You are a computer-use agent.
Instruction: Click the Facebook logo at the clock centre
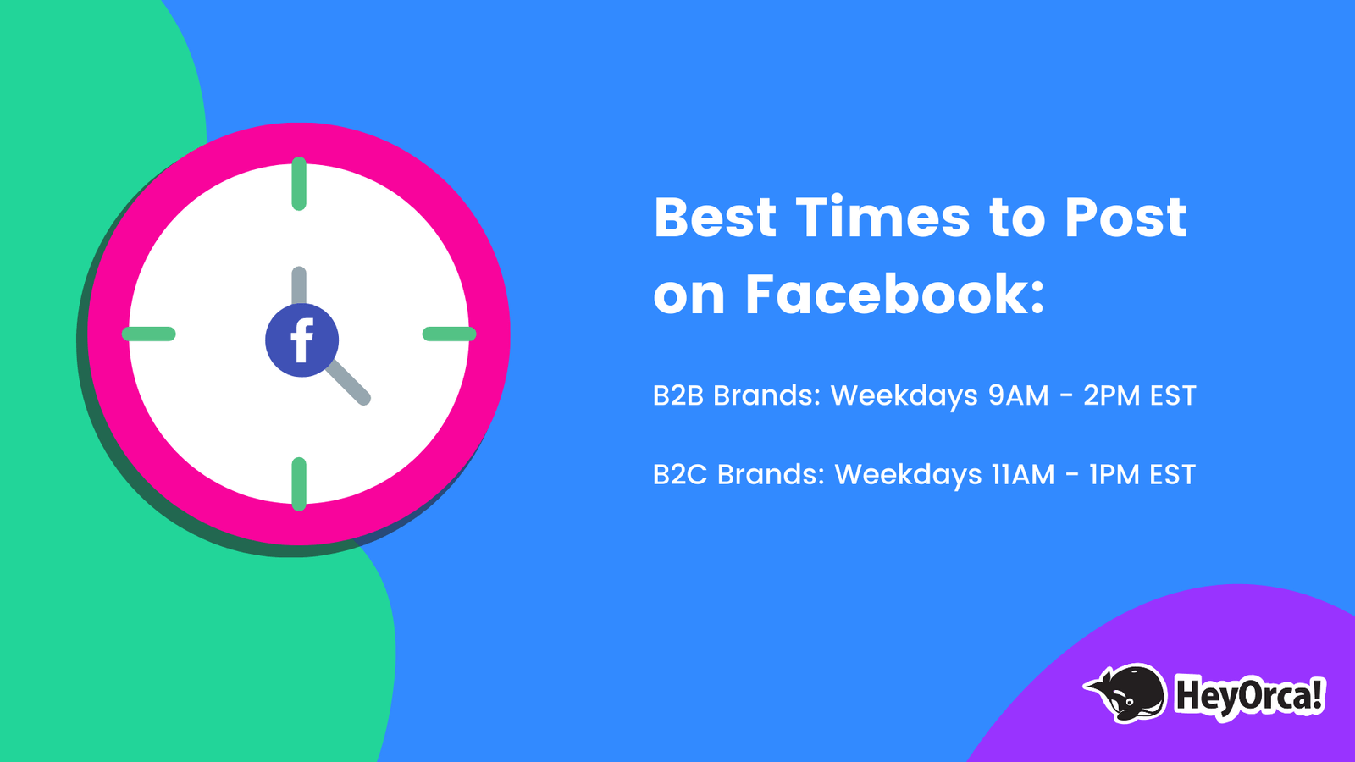click(301, 340)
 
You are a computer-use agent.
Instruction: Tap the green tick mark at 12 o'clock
click(299, 184)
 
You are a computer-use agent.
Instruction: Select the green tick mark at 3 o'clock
click(449, 334)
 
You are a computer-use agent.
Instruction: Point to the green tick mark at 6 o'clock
click(299, 484)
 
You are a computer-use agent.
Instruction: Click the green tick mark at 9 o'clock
click(149, 334)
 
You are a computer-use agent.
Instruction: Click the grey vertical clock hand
click(299, 284)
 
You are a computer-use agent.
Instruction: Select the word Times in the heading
click(882, 218)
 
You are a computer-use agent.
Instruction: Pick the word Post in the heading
click(1125, 218)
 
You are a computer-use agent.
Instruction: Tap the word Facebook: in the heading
click(894, 295)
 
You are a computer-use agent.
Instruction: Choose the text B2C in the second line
click(680, 474)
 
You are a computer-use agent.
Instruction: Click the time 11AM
click(1023, 474)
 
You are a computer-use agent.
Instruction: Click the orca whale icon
click(1127, 692)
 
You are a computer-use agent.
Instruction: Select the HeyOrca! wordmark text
click(1249, 696)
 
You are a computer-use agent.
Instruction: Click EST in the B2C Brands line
click(1172, 474)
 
